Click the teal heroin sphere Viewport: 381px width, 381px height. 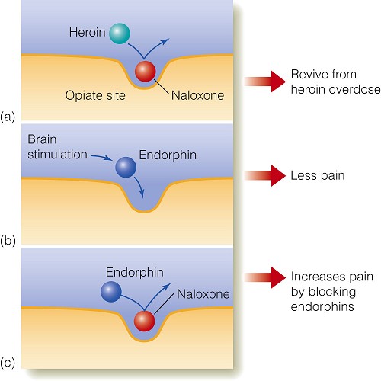[x=120, y=34]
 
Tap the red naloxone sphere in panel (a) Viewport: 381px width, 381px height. [x=145, y=72]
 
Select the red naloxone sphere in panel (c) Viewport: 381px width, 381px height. [x=144, y=322]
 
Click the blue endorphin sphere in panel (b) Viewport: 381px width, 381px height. [x=126, y=167]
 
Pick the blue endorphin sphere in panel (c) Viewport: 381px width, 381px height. [x=111, y=292]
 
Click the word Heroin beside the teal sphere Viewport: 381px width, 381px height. [x=87, y=33]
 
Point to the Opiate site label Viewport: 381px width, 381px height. [x=95, y=96]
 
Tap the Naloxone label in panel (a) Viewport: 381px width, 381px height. [x=198, y=95]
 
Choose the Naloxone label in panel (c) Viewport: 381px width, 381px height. [x=203, y=294]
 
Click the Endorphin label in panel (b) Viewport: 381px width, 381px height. [x=168, y=155]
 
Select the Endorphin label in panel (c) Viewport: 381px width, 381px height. [x=135, y=273]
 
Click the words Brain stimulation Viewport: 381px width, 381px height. [x=57, y=147]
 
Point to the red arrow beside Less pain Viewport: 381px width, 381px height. [x=264, y=175]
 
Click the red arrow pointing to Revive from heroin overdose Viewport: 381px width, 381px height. [x=264, y=82]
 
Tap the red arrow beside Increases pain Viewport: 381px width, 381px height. [x=264, y=277]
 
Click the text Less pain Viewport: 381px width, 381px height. [x=318, y=176]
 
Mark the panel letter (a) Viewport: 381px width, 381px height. [x=8, y=117]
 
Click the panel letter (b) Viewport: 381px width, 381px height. [x=8, y=240]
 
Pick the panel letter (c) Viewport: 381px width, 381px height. [x=8, y=363]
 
